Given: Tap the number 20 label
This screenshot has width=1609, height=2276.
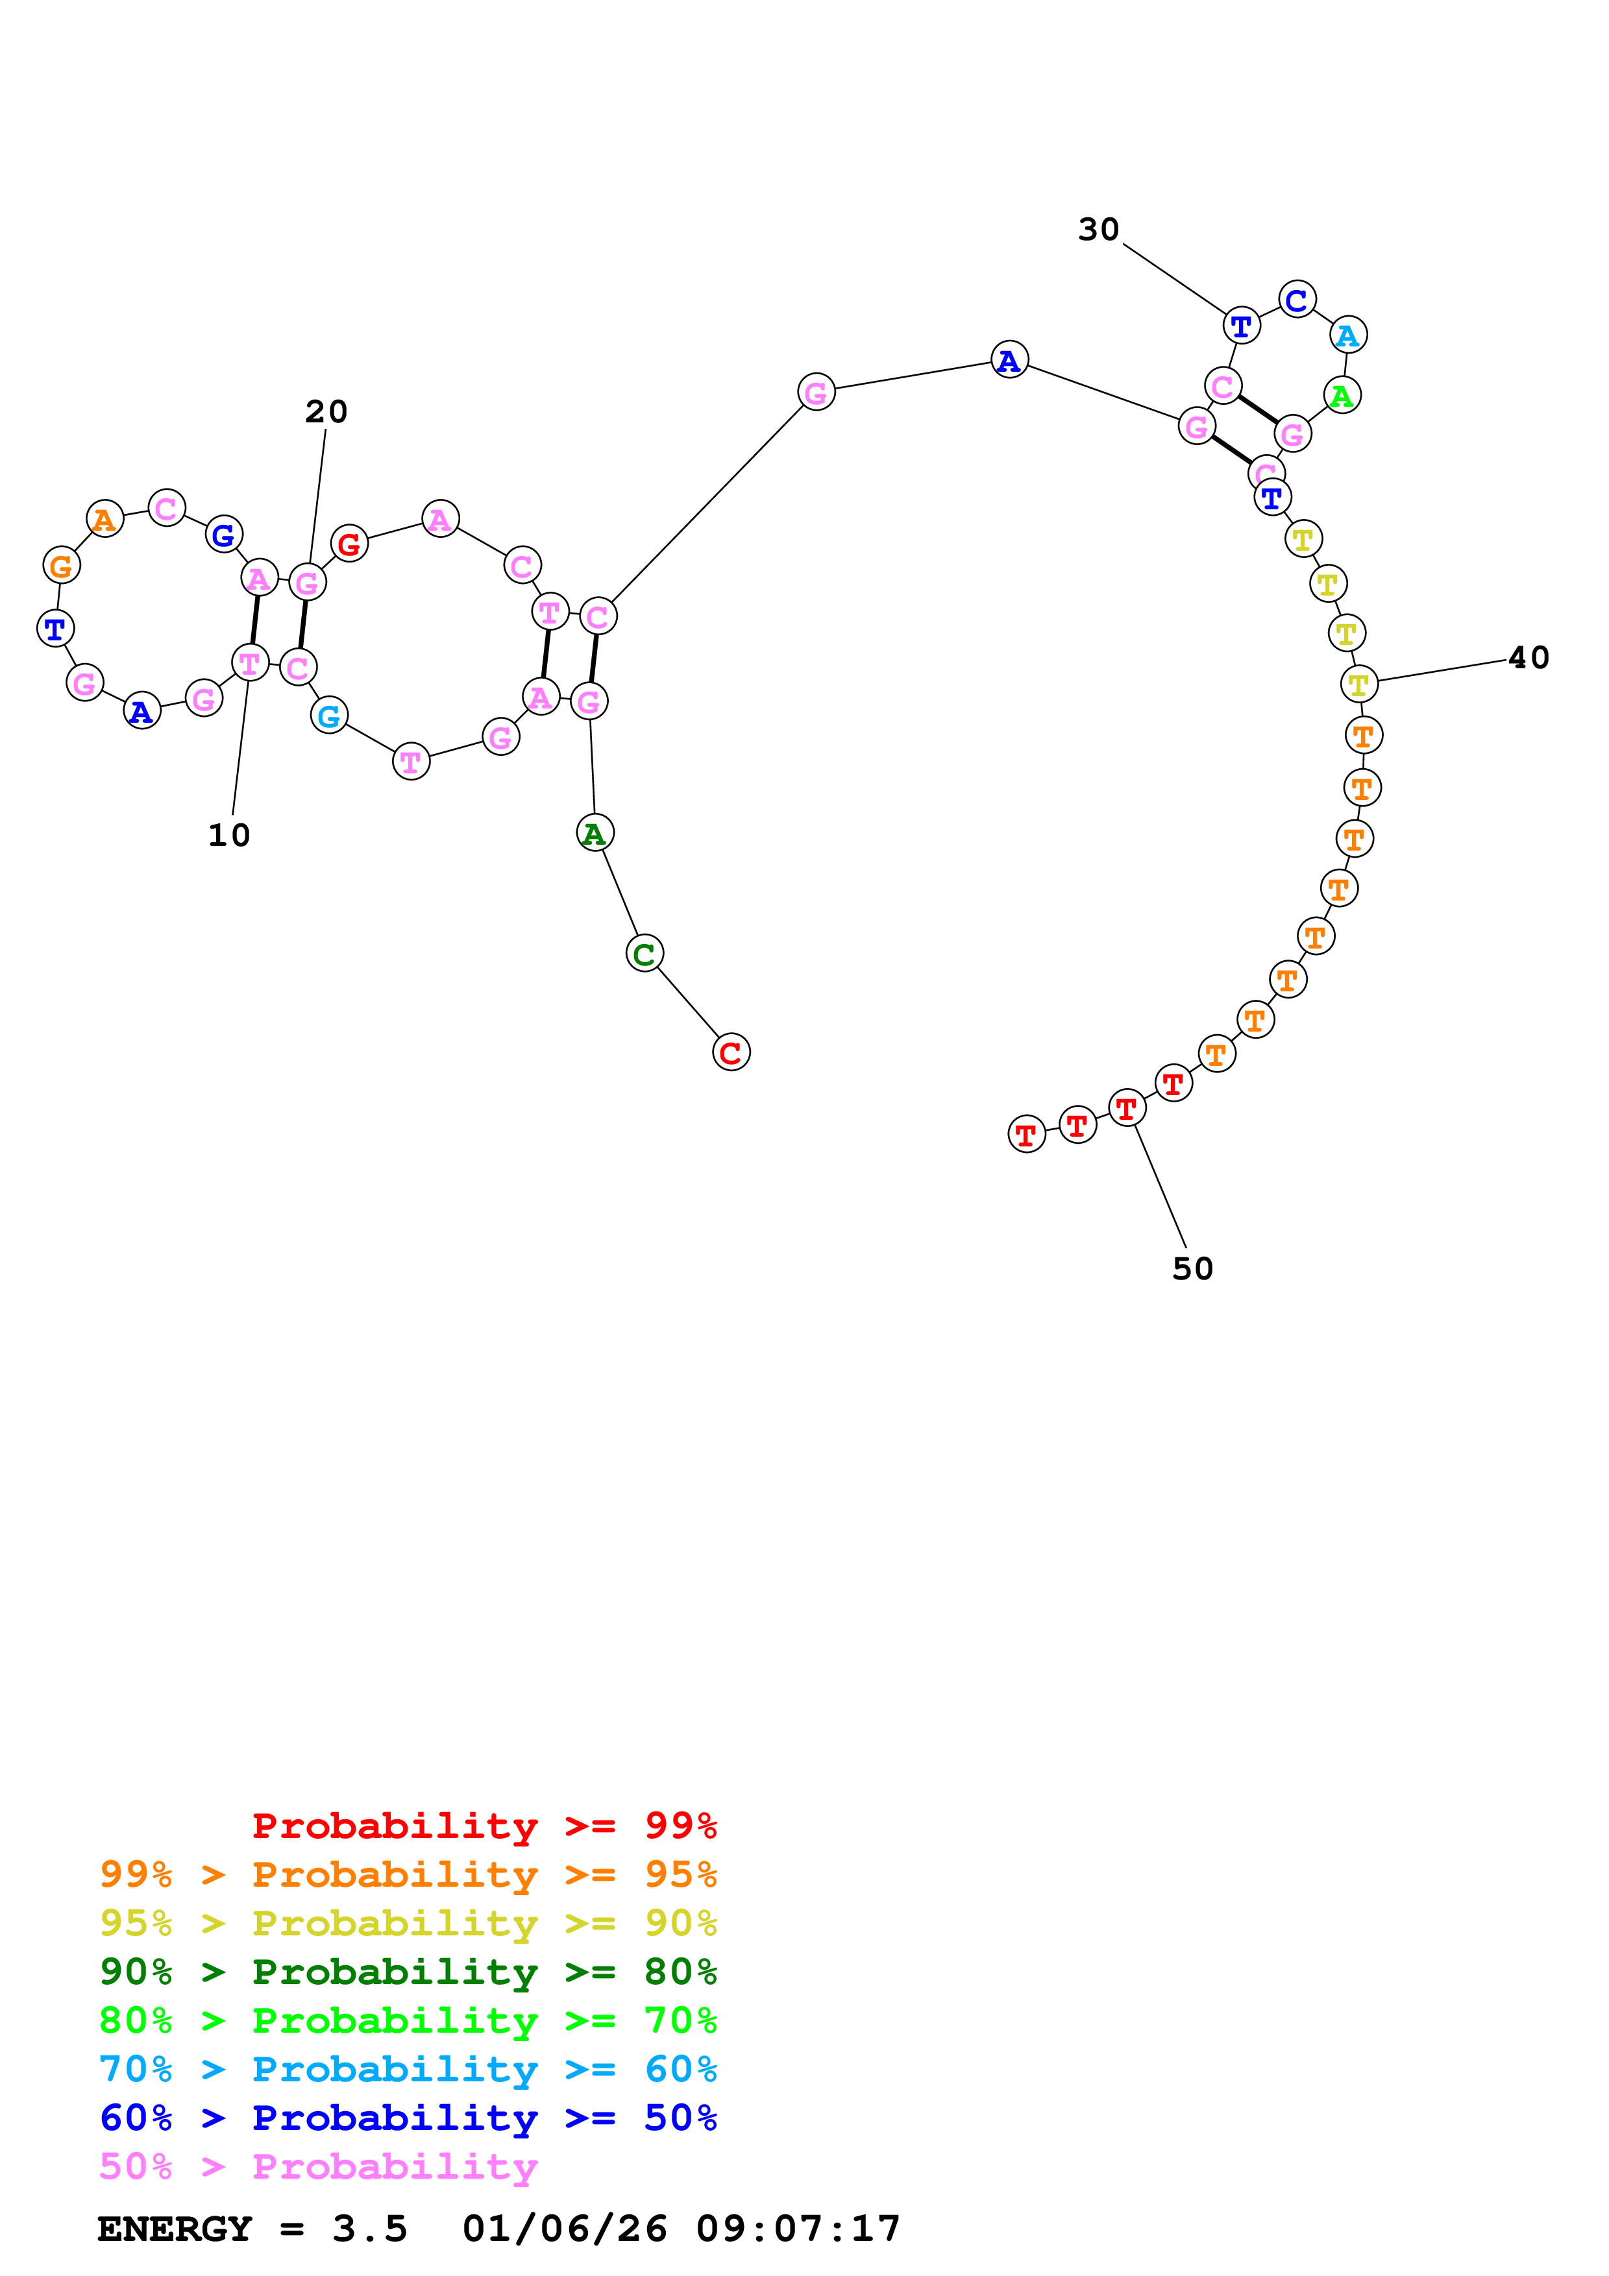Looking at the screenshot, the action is (x=326, y=411).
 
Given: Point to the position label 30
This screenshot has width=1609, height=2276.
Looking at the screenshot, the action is (x=1098, y=229).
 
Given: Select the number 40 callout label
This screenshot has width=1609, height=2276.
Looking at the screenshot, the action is (x=1528, y=657).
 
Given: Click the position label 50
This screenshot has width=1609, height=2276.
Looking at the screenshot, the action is (x=1192, y=1269).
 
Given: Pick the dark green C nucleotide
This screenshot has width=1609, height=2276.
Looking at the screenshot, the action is (x=645, y=954).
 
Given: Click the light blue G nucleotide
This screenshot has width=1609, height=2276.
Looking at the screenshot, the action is (x=329, y=715).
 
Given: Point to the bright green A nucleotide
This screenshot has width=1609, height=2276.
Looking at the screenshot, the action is (x=1342, y=396).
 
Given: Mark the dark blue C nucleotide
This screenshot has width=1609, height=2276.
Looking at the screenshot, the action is (x=1297, y=299).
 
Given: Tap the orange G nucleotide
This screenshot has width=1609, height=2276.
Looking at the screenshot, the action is (x=62, y=566).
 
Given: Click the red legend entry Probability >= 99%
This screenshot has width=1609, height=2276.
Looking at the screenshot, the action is (x=484, y=1826).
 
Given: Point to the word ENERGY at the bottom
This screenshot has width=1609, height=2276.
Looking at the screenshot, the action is (x=175, y=2229).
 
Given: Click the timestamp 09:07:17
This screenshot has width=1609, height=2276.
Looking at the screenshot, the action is (x=798, y=2229).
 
